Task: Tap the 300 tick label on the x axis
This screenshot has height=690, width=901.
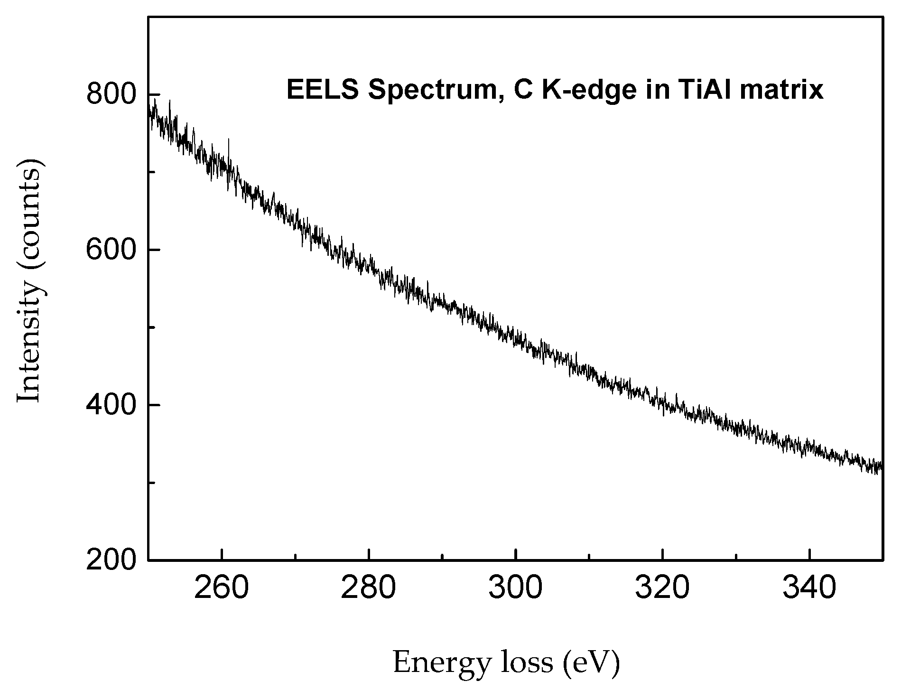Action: coord(515,589)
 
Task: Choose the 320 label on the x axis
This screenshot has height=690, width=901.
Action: coord(662,589)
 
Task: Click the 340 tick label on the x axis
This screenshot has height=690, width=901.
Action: coord(809,589)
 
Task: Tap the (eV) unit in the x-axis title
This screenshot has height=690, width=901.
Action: coord(591,662)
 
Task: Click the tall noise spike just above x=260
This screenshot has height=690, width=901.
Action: coord(228,142)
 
